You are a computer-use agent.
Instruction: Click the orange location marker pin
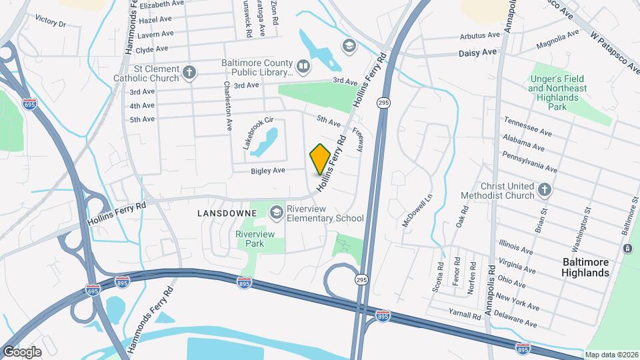320,159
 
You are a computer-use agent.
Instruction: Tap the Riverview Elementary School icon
275,212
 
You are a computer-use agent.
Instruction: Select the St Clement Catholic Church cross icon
190,72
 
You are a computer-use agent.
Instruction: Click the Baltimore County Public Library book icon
303,67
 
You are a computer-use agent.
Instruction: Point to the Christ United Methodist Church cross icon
544,190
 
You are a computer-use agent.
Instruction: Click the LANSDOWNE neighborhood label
227,213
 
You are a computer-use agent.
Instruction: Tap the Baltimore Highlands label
585,267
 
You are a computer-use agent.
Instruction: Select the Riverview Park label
250,239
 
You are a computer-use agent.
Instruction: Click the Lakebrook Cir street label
258,133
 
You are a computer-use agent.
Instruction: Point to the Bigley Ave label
268,171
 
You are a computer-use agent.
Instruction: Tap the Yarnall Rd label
465,315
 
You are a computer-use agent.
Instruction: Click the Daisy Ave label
477,52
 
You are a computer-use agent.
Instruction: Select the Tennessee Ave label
528,125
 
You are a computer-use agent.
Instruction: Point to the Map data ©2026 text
611,355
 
